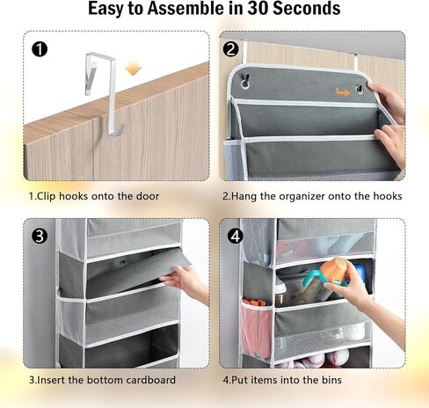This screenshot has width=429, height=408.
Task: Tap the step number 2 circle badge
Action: pyautogui.click(x=230, y=49)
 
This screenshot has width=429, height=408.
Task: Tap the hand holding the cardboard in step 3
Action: pyautogui.click(x=185, y=282)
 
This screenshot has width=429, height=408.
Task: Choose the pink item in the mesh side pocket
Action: pyautogui.click(x=256, y=331)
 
